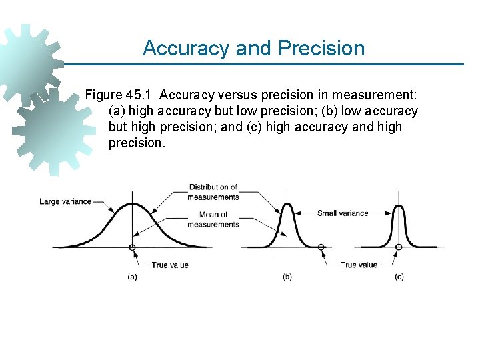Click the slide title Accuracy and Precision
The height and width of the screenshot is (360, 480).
click(x=253, y=49)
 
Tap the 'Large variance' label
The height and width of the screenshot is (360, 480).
click(x=65, y=201)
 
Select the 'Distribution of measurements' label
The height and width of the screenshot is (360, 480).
click(x=213, y=192)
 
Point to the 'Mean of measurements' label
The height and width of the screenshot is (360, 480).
click(x=213, y=219)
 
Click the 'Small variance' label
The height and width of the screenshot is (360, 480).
click(x=343, y=213)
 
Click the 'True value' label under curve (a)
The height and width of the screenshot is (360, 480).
click(x=170, y=265)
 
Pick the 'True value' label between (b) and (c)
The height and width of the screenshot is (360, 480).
click(x=359, y=265)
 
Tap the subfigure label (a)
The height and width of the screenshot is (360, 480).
click(x=133, y=277)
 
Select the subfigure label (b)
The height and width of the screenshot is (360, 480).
click(x=287, y=277)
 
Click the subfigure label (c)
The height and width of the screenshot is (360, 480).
click(x=399, y=277)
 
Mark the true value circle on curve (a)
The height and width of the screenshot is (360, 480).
click(x=133, y=247)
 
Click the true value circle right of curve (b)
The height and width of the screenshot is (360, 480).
click(x=321, y=247)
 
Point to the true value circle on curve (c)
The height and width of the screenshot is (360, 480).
click(x=399, y=247)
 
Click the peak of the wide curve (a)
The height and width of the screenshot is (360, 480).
click(x=133, y=205)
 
